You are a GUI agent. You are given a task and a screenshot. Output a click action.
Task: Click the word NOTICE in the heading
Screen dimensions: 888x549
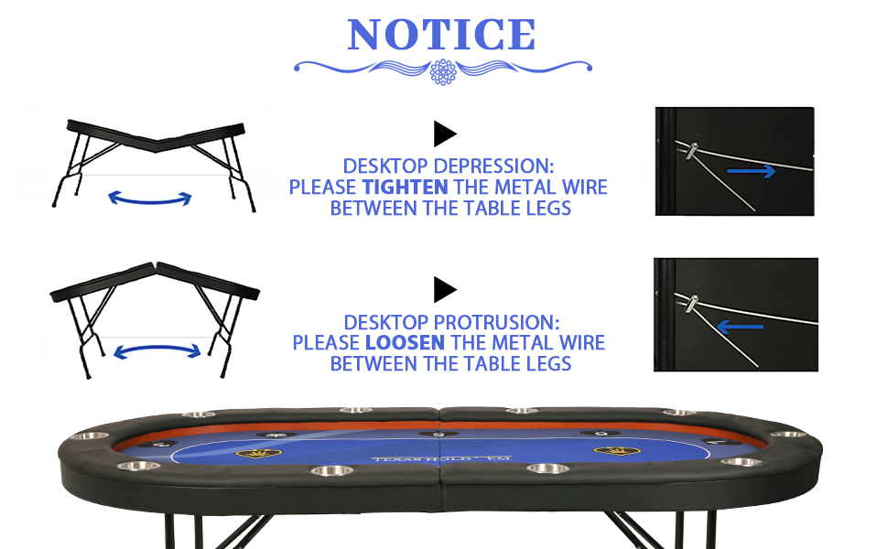click(441, 35)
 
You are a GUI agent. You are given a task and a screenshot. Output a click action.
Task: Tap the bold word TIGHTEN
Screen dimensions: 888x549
click(405, 188)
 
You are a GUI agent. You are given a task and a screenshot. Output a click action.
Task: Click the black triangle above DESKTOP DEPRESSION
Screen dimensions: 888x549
click(445, 135)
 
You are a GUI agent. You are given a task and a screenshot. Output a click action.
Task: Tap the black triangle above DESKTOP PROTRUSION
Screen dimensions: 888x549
click(445, 291)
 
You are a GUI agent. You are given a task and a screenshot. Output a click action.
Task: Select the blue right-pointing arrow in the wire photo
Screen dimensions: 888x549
click(751, 171)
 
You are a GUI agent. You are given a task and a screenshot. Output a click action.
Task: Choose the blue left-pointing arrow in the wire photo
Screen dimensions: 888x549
click(739, 323)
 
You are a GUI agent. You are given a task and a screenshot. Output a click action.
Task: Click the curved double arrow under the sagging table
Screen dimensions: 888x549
click(150, 197)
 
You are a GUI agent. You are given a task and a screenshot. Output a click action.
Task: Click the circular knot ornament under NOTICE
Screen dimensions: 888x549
click(443, 71)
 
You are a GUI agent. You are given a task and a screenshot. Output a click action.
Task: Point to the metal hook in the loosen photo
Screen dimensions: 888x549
click(693, 303)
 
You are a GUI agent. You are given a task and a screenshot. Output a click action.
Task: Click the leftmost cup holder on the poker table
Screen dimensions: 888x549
click(84, 436)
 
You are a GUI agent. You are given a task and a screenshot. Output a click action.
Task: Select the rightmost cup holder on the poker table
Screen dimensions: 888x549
click(788, 435)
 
